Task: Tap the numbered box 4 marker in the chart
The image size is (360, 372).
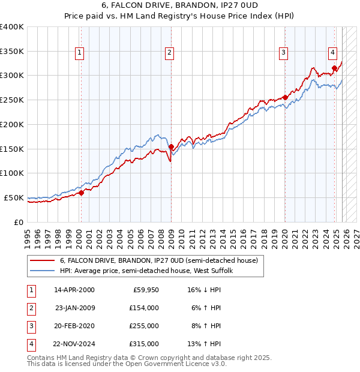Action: (x=332, y=52)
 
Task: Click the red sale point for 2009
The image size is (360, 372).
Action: (x=171, y=146)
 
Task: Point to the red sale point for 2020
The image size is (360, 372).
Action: (x=285, y=97)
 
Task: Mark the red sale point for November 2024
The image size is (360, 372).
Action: (x=334, y=68)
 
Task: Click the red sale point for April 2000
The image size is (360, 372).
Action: (x=81, y=193)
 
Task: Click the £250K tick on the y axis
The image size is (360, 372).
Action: (x=11, y=100)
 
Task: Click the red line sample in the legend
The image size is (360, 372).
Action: (x=42, y=261)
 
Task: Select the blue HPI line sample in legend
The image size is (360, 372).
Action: (x=42, y=271)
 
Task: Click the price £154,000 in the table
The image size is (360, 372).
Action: (x=145, y=307)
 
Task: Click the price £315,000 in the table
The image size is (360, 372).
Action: (x=145, y=344)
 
